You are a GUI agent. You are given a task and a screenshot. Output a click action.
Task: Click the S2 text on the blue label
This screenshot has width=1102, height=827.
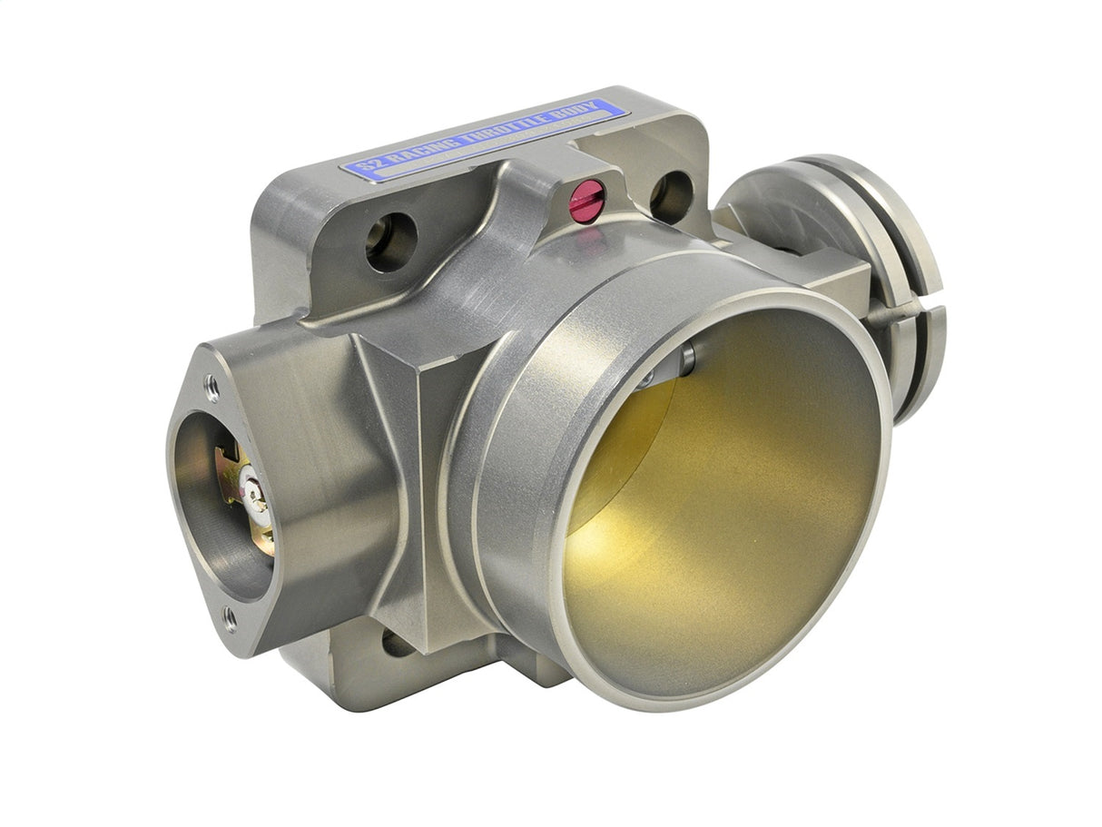tap(362, 166)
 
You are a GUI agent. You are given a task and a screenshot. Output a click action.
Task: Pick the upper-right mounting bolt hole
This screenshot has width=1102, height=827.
tap(672, 195)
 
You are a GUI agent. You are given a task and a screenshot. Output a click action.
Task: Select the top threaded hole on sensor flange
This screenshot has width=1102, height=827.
tap(212, 387)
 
